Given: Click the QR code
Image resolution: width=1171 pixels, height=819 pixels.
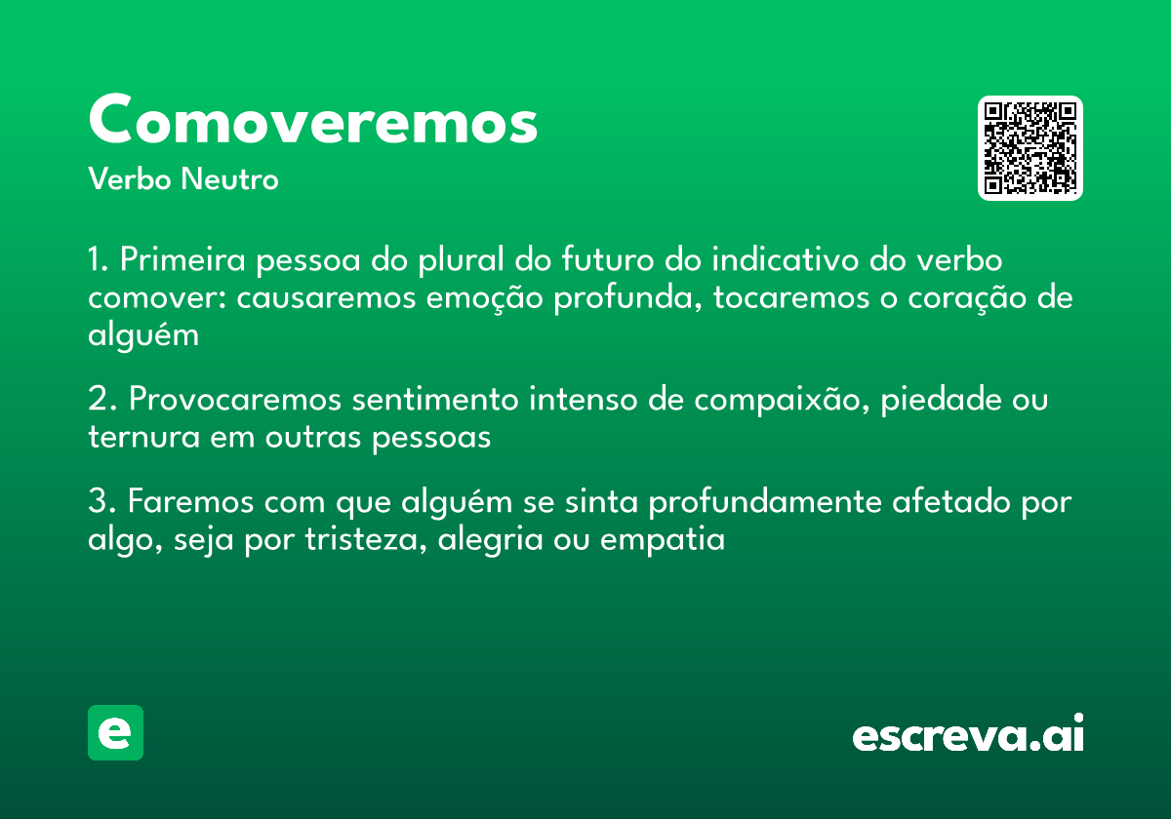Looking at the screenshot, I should tap(1030, 148).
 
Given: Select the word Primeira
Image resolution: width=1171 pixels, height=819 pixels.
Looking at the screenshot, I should tap(182, 262).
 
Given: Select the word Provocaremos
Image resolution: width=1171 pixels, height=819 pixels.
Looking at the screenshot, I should tap(235, 401).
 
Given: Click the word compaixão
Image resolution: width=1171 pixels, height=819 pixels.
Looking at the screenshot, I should tap(764, 401).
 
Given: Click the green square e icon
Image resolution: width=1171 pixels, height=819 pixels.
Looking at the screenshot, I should tap(115, 732).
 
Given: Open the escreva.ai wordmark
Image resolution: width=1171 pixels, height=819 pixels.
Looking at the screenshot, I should tap(968, 735).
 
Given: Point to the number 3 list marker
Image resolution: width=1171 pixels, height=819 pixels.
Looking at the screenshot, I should tap(96, 503).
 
